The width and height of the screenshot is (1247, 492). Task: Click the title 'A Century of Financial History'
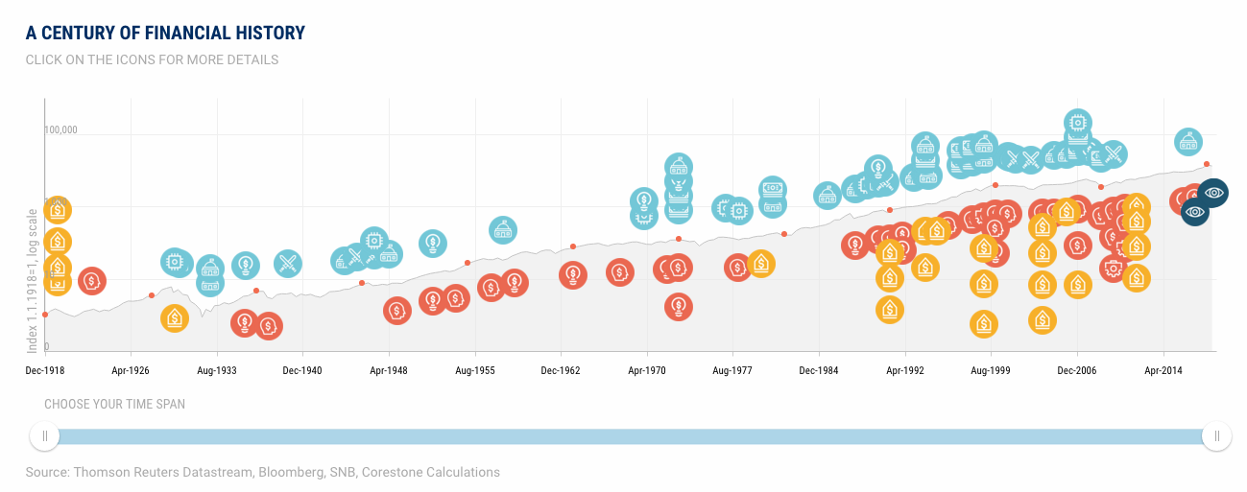click(x=165, y=34)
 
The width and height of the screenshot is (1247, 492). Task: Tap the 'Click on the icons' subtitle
click(x=152, y=59)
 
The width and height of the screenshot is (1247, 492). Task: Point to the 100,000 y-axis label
click(x=60, y=129)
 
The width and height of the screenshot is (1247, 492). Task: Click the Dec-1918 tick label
click(x=45, y=369)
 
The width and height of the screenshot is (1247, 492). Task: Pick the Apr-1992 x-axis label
click(x=904, y=369)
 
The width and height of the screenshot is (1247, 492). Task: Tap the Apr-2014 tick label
click(x=1163, y=369)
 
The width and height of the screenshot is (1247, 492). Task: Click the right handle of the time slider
click(x=1216, y=436)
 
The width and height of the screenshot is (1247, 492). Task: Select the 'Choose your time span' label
click(x=114, y=405)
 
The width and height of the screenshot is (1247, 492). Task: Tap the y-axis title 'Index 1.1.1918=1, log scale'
click(x=33, y=278)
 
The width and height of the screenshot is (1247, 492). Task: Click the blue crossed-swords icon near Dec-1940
click(x=288, y=262)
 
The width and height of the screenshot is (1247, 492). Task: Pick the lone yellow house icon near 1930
click(x=175, y=318)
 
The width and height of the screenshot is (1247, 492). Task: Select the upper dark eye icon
click(x=1214, y=193)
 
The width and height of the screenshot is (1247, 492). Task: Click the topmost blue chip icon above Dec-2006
click(x=1078, y=123)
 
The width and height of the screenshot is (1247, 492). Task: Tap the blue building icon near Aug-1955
click(x=502, y=230)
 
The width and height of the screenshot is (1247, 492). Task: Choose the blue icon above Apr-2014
click(x=1188, y=142)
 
